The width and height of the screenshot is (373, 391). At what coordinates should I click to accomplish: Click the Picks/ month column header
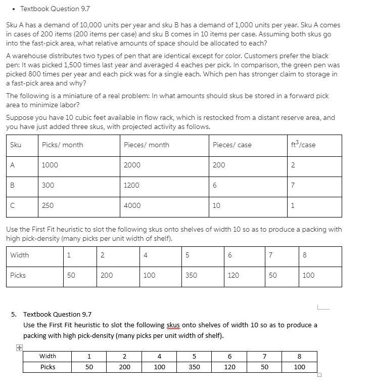[x=62, y=145]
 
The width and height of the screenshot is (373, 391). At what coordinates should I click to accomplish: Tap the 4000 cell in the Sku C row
[x=132, y=206]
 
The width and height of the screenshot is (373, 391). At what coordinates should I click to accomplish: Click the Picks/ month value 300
[x=48, y=186]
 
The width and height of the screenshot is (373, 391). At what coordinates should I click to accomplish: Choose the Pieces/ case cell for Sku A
[x=219, y=165]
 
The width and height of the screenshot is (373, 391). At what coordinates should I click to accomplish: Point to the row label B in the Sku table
[x=12, y=186]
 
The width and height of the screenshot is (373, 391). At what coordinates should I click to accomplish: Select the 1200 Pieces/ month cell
[x=131, y=186]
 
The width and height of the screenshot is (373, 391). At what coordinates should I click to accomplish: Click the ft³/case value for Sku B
[x=293, y=186]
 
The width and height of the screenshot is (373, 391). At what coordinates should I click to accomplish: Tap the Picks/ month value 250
[x=48, y=206]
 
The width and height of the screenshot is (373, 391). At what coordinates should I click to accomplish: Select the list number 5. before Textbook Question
[x=14, y=314]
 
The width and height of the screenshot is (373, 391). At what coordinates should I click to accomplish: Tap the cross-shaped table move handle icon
[x=18, y=348]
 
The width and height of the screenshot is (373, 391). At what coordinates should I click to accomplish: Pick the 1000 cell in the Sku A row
[x=50, y=165]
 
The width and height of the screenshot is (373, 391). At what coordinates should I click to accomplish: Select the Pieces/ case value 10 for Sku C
[x=216, y=206]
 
